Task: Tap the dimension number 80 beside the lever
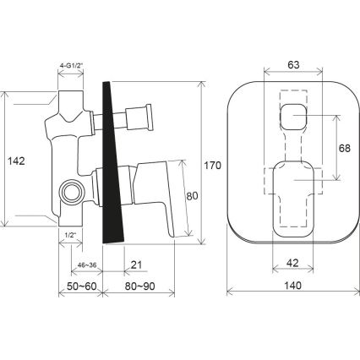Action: click(192, 196)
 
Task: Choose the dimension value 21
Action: click(135, 266)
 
